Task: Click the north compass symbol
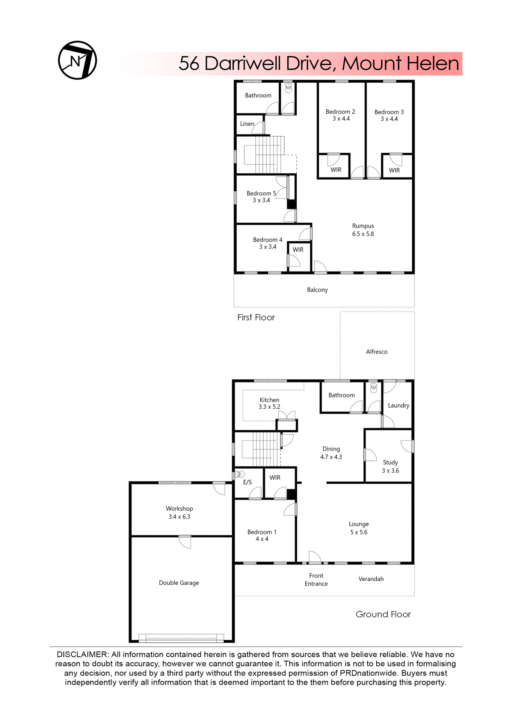tap(77, 60)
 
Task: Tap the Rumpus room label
tap(363, 226)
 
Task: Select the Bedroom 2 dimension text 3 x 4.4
tap(341, 119)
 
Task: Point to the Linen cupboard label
tap(247, 124)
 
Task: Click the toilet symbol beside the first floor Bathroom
tap(288, 88)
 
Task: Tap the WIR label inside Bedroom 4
tap(298, 250)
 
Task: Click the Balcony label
tap(317, 290)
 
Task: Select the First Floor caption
tap(256, 317)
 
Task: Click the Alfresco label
tap(377, 352)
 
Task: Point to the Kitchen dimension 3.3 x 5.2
tap(269, 407)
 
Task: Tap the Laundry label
tap(398, 405)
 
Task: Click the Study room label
tap(390, 463)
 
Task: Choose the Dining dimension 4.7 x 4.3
tap(331, 457)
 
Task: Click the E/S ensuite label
tap(247, 482)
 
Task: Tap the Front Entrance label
tap(316, 579)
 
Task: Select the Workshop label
tap(179, 508)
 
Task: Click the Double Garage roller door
tap(181, 638)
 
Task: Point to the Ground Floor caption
tap(383, 614)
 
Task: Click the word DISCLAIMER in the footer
tap(82, 655)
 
